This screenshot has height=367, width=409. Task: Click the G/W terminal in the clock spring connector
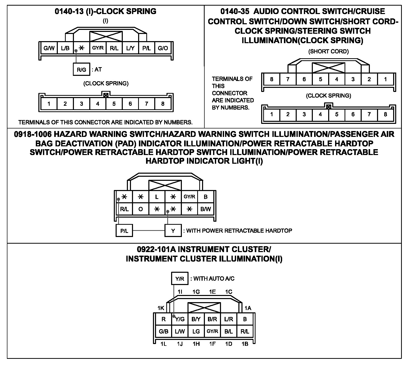pyautogui.click(x=49, y=48)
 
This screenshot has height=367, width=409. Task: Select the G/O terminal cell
pyautogui.click(x=163, y=48)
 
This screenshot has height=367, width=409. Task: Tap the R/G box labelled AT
pyautogui.click(x=81, y=69)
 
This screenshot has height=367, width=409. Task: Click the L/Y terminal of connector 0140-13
pyautogui.click(x=130, y=48)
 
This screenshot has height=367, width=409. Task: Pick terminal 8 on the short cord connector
pyautogui.click(x=271, y=79)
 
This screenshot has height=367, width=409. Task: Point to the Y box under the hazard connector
pyautogui.click(x=173, y=231)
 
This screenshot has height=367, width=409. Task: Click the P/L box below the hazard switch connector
pyautogui.click(x=124, y=231)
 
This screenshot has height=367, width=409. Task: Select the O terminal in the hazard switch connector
pyautogui.click(x=140, y=209)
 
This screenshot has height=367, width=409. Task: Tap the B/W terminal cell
pyautogui.click(x=206, y=209)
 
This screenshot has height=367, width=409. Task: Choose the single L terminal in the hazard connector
pyautogui.click(x=157, y=197)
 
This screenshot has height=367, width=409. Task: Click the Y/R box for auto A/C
pyautogui.click(x=180, y=279)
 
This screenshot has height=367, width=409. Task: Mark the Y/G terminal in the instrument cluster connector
pyautogui.click(x=180, y=319)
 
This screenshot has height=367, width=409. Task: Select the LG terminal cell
pyautogui.click(x=196, y=331)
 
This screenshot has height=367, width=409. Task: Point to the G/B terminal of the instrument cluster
pyautogui.click(x=163, y=331)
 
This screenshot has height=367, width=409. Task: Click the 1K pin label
pyautogui.click(x=161, y=308)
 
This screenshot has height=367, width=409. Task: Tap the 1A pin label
pyautogui.click(x=248, y=308)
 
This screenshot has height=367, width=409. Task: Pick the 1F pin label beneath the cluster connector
pyautogui.click(x=212, y=344)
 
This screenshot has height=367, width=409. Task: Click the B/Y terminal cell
pyautogui.click(x=196, y=319)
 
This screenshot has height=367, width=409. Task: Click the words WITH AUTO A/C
pyautogui.click(x=214, y=279)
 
